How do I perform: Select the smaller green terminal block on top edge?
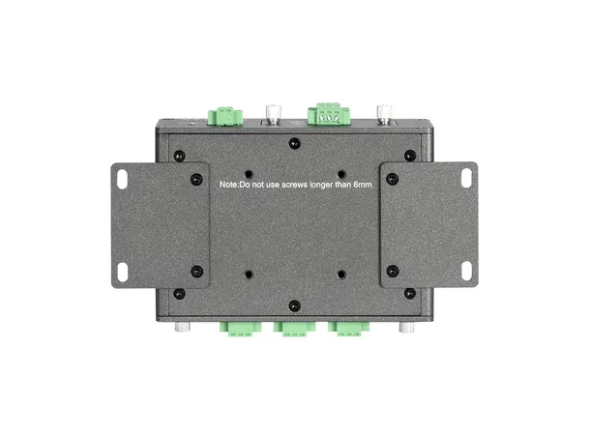pos(226,114)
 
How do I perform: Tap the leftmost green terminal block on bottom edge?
pos(244,329)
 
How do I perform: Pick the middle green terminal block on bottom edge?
pos(294,329)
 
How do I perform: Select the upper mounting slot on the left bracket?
pos(124,179)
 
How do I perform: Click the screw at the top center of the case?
pos(295,143)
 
